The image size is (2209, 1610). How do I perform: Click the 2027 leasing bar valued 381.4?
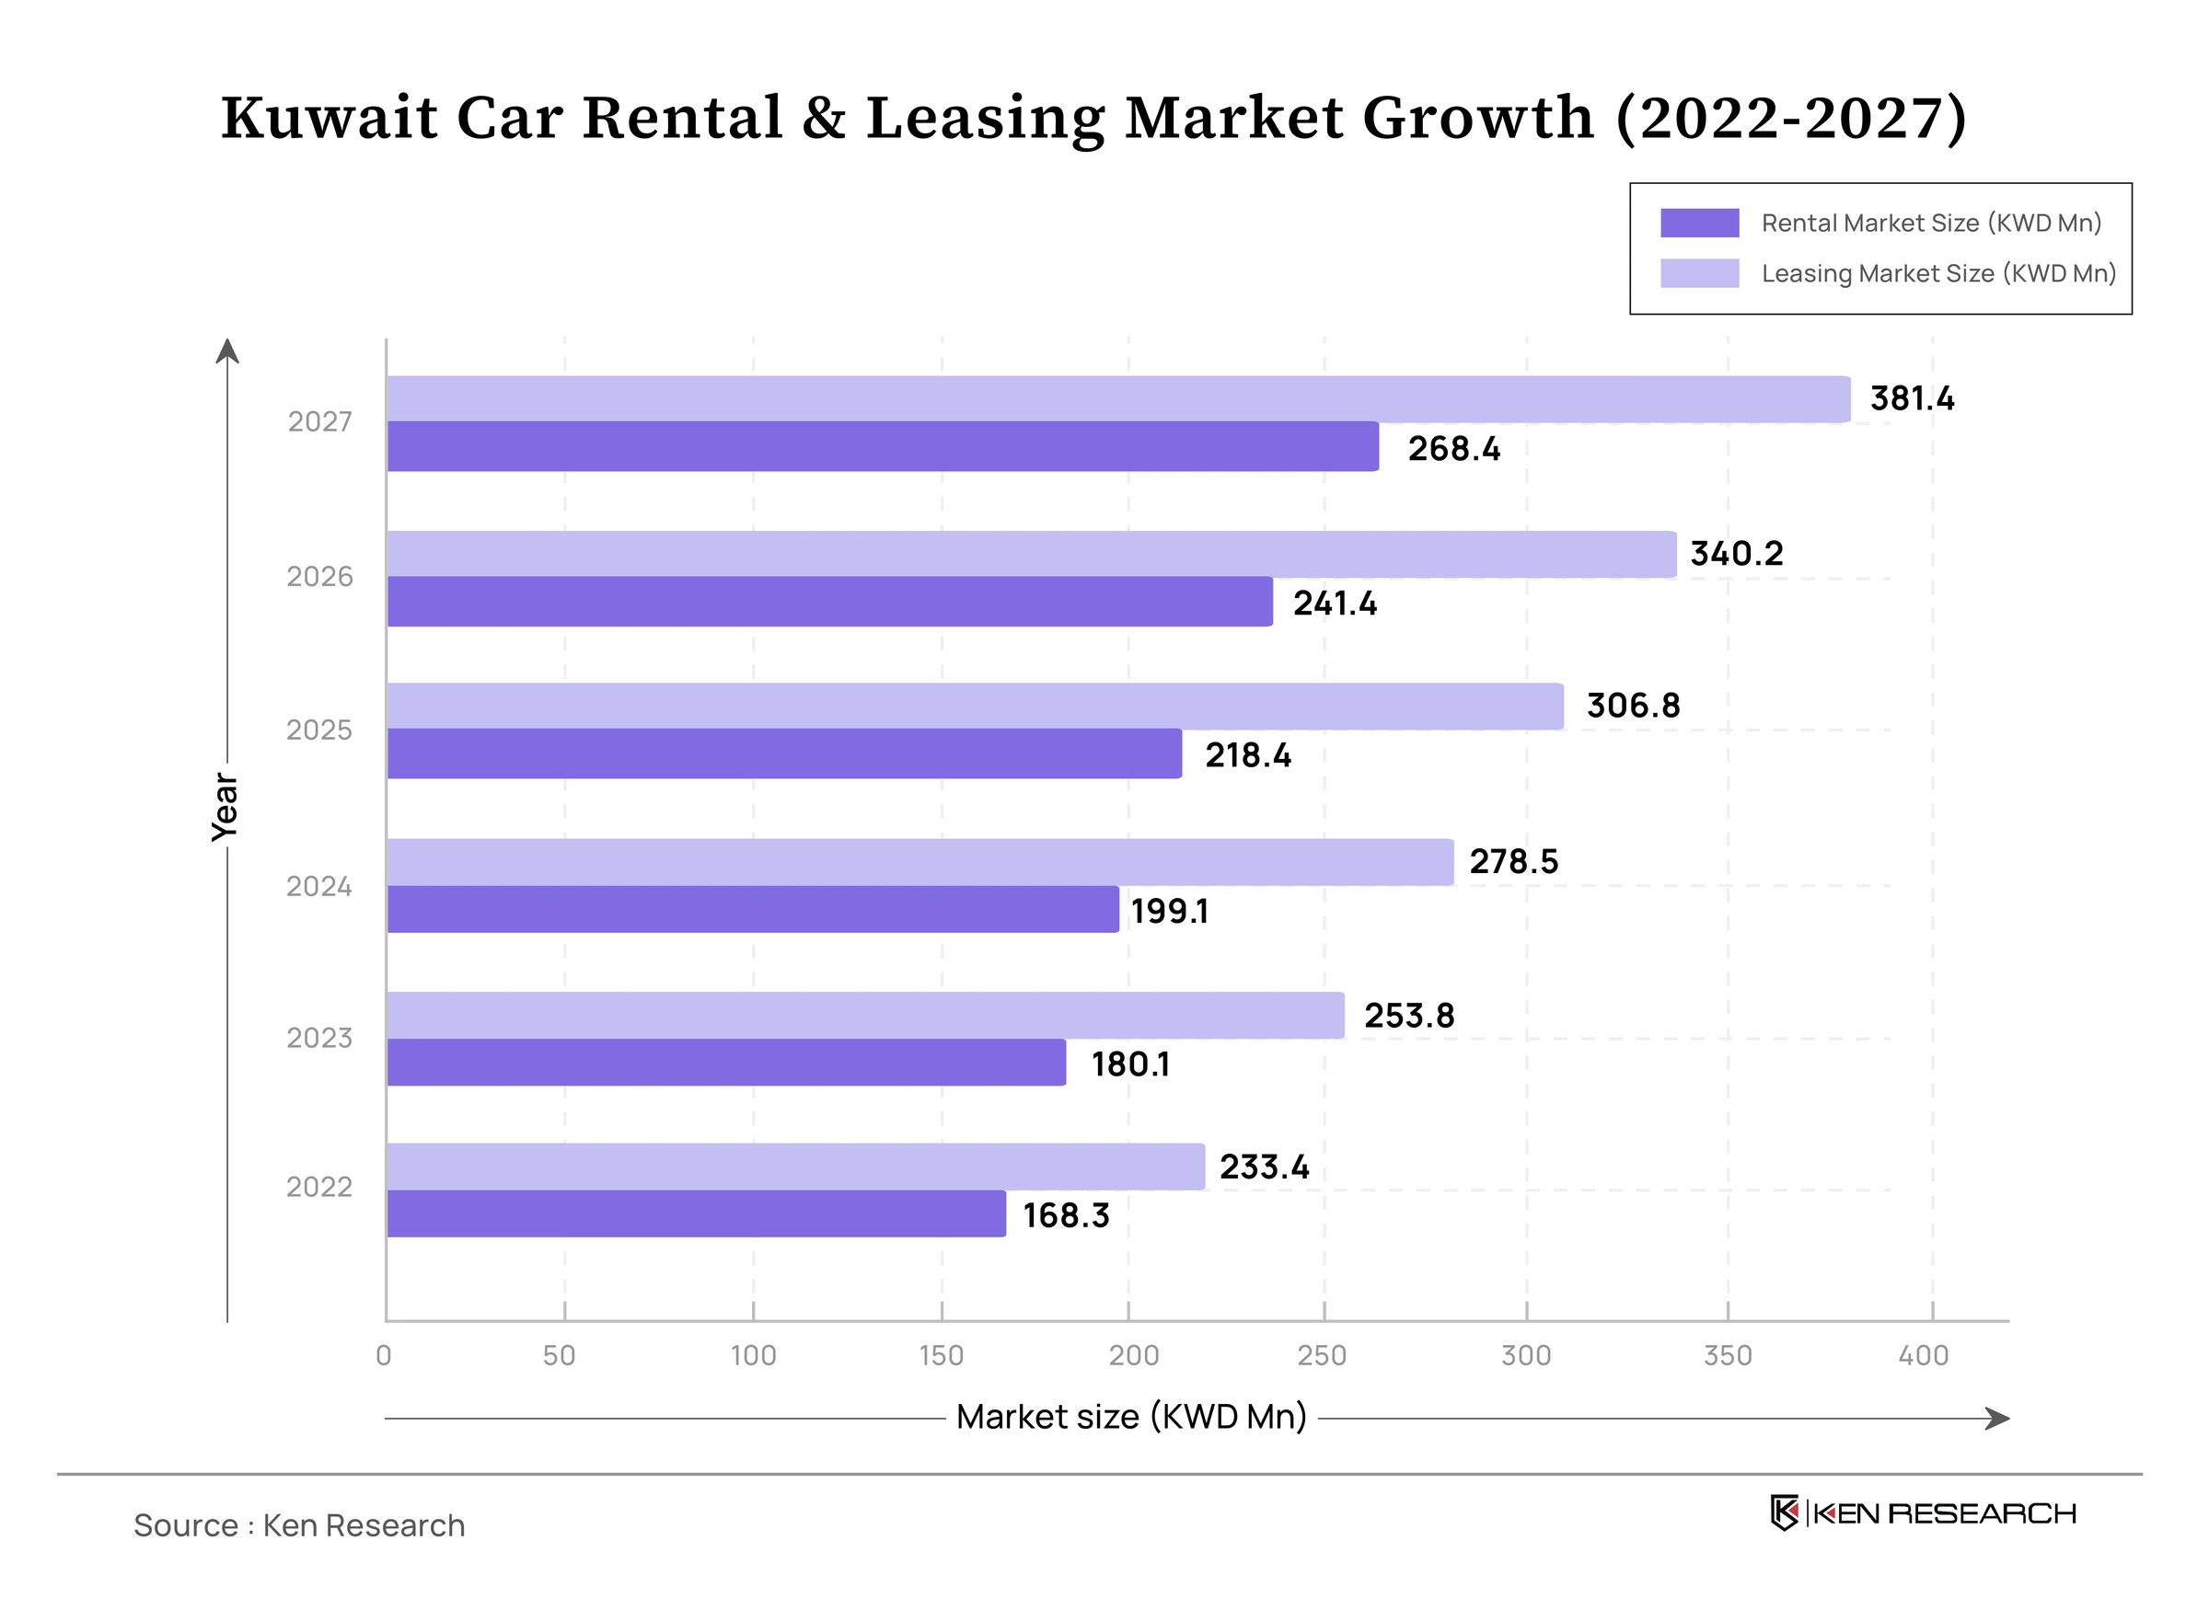pos(1117,399)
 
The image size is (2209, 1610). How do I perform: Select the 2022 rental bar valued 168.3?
pos(696,1214)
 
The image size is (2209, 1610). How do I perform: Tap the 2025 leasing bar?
pos(975,707)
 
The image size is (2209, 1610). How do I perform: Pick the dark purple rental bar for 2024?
pos(753,909)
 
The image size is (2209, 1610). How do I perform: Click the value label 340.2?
pos(1736,555)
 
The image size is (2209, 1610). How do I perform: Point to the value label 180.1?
pos(1130,1064)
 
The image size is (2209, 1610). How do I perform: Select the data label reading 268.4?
pos(1453,449)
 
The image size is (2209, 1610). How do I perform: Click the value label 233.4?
pos(1265,1167)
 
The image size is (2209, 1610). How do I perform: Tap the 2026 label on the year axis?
pos(319,577)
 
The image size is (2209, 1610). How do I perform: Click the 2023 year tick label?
pos(319,1039)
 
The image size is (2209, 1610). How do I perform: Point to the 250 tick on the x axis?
pos(1322,1356)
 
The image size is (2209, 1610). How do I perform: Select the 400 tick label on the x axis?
pos(1924,1356)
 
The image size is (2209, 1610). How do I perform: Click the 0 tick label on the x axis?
pos(384,1356)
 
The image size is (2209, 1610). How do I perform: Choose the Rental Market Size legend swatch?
pos(1700,224)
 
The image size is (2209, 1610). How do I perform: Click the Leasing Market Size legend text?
pos(1938,274)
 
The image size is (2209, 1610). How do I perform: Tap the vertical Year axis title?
pos(226,807)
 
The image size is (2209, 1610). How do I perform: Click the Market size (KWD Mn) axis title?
pos(1131,1417)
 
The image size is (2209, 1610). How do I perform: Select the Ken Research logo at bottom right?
pos(1923,1513)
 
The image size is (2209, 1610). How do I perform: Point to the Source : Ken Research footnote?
pos(299,1526)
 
